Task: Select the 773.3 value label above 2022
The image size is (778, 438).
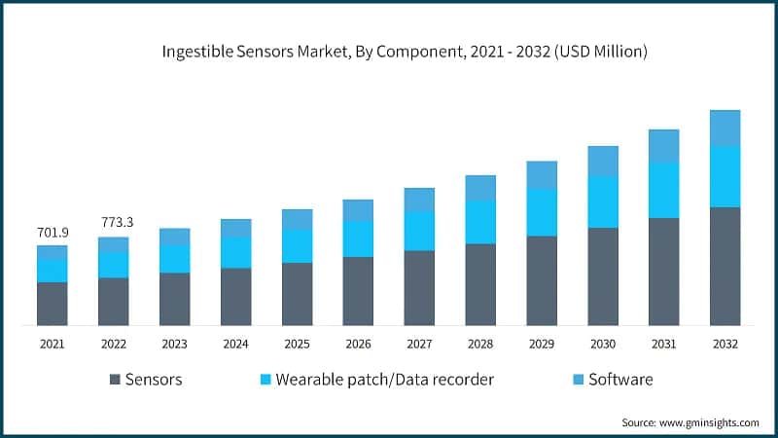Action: point(114,223)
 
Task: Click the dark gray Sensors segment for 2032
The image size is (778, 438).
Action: point(725,266)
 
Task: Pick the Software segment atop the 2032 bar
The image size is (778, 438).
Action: point(725,128)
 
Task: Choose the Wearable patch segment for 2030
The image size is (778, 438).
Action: point(603,201)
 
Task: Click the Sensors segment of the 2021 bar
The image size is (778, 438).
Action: point(52,304)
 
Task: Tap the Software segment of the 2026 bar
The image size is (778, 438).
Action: point(358,210)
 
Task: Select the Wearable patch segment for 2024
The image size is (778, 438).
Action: point(235,252)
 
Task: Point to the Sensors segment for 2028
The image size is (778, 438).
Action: point(480,284)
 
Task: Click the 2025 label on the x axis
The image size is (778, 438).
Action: point(297,345)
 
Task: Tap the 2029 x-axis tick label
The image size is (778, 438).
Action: point(542,345)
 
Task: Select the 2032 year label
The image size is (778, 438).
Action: point(725,345)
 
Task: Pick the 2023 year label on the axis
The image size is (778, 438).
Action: point(174,345)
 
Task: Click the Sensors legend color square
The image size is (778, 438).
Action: point(116,379)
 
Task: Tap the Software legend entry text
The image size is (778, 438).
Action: point(620,379)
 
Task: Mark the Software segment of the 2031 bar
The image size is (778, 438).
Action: point(664,146)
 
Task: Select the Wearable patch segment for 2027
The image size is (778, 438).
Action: point(419,231)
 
